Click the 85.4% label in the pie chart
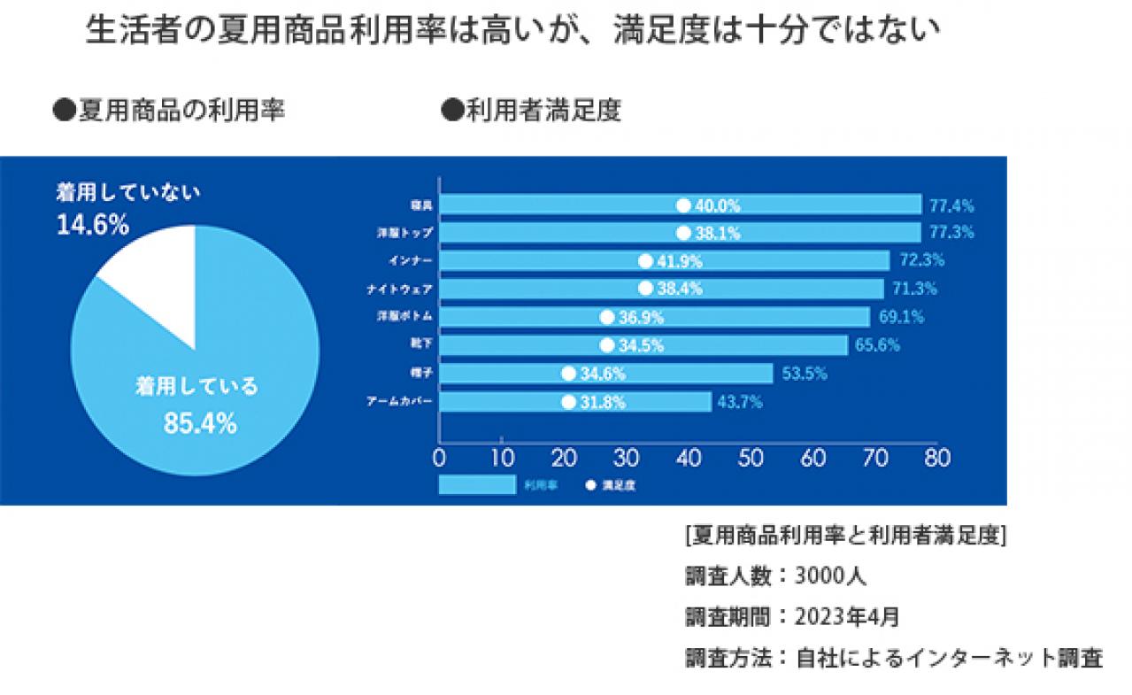click(x=200, y=424)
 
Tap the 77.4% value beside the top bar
click(x=951, y=205)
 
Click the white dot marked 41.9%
click(x=645, y=261)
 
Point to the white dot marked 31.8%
click(x=568, y=402)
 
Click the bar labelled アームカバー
click(x=575, y=402)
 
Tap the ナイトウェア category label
click(x=399, y=290)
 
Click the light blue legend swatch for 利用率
click(x=477, y=485)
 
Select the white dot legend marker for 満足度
click(x=589, y=485)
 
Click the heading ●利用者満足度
click(x=530, y=112)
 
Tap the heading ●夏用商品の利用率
click(x=168, y=112)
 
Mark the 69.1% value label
click(x=899, y=317)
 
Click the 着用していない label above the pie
click(x=129, y=192)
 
